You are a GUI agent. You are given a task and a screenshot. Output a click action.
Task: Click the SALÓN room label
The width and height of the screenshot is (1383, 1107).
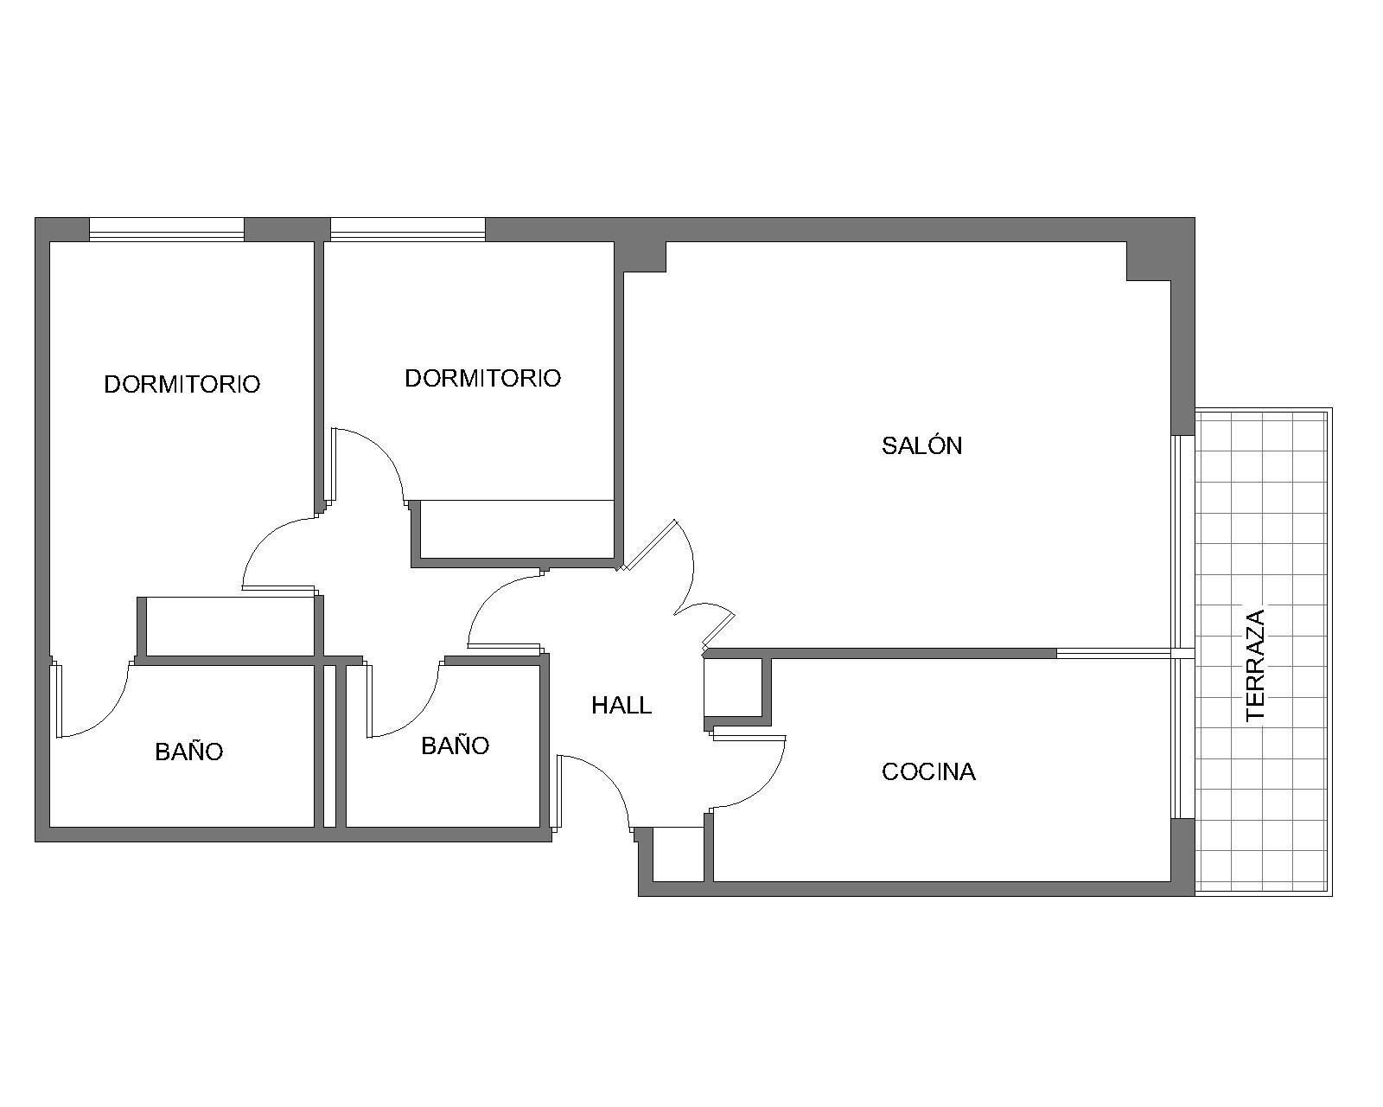click(x=921, y=445)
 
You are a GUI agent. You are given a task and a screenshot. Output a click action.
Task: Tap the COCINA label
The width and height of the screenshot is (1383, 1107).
click(x=928, y=771)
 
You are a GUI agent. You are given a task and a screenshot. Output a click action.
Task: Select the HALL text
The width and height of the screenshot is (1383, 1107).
click(x=621, y=706)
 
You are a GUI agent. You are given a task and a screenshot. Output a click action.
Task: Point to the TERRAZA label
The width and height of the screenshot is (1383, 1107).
click(x=1255, y=665)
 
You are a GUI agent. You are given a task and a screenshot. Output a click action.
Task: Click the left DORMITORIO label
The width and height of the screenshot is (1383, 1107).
click(x=182, y=384)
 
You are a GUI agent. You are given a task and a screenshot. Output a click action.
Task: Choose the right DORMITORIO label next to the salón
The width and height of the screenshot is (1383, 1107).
click(x=482, y=378)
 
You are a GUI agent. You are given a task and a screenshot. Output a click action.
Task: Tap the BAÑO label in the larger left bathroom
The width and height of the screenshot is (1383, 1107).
click(x=189, y=752)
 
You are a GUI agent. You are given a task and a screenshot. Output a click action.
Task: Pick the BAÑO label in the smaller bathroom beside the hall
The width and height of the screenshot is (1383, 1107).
click(x=455, y=745)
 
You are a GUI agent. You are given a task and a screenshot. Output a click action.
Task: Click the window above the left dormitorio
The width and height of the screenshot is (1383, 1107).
click(x=167, y=230)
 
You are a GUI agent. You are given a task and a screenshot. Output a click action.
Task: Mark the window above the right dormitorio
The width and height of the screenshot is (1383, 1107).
click(x=408, y=230)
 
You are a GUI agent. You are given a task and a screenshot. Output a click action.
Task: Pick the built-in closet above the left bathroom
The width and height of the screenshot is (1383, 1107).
click(x=230, y=627)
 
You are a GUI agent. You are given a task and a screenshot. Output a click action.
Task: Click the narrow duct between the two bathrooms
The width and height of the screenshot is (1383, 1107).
click(x=329, y=746)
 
